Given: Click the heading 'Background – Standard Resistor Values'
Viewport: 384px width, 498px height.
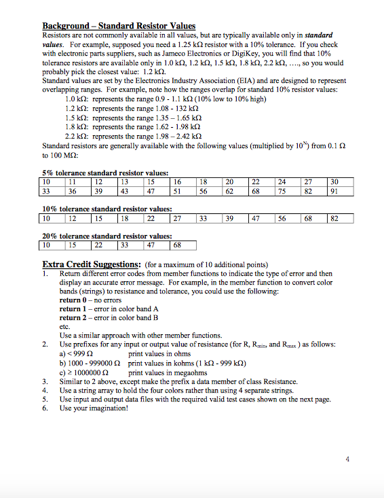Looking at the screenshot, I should [119, 26].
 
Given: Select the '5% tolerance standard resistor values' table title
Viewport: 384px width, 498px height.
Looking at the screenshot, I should [105, 173].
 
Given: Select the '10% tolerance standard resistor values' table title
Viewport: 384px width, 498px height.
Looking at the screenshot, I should [107, 210].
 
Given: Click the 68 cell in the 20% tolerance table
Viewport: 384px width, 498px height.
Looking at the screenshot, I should [177, 245].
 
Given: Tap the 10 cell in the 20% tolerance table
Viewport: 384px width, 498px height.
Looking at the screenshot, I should [47, 245].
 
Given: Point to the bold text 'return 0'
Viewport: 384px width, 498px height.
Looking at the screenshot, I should [75, 300].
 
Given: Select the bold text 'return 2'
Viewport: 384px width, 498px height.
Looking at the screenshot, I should [75, 317].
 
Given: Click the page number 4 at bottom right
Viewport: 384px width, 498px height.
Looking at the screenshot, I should [347, 459].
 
